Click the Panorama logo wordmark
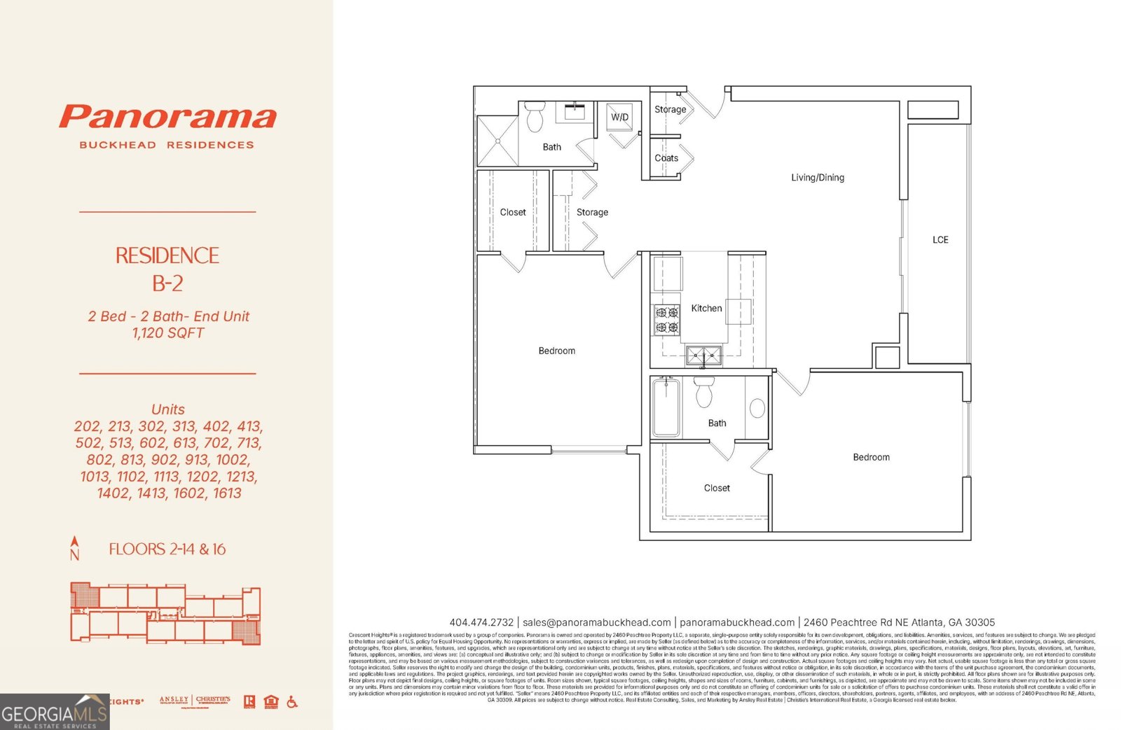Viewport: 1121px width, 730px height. [x=167, y=117]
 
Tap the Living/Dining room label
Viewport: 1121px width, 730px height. [x=817, y=178]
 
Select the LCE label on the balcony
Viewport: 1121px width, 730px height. [x=940, y=240]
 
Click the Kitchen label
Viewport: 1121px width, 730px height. [x=706, y=309]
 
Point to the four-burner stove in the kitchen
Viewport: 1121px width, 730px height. [x=666, y=320]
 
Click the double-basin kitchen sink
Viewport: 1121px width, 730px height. [x=703, y=356]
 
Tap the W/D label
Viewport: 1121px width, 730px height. [x=619, y=118]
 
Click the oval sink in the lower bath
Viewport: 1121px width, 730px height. [x=757, y=407]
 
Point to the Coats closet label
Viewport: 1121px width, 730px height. [x=666, y=158]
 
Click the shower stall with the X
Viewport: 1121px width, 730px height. [x=497, y=141]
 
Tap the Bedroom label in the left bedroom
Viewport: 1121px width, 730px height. [x=556, y=351]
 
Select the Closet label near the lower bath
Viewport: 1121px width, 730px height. [x=716, y=488]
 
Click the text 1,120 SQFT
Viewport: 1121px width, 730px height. [x=168, y=333]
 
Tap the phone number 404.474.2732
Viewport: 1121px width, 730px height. [x=481, y=622]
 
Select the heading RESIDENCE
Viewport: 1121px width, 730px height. [x=167, y=255]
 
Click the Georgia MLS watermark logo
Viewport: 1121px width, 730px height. [x=54, y=712]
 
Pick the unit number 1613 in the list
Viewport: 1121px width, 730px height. [x=226, y=493]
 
